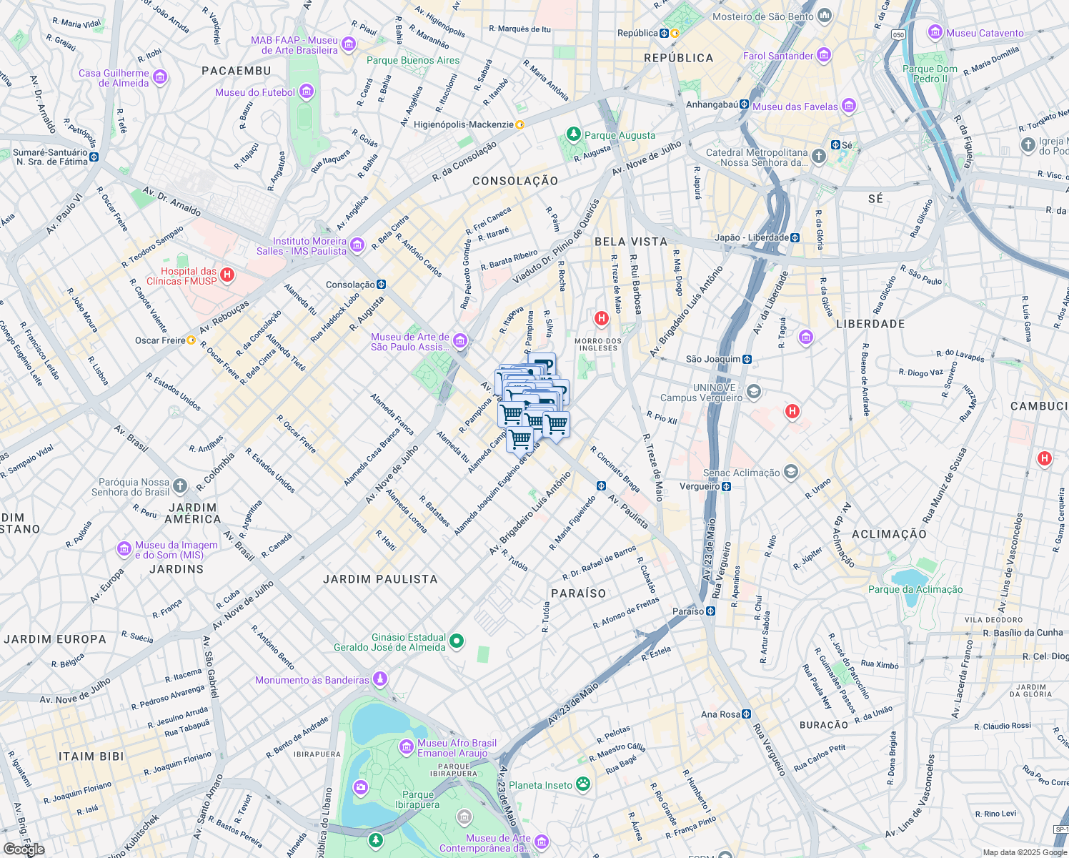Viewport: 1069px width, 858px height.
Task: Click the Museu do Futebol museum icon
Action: (x=307, y=92)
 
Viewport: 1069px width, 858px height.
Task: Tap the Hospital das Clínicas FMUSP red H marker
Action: (x=227, y=275)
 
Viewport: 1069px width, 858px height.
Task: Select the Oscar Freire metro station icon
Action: (x=192, y=340)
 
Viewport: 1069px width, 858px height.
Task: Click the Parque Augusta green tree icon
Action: (x=573, y=134)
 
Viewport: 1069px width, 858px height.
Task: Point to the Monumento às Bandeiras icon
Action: (x=381, y=679)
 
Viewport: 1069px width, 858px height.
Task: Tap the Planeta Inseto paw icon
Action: (x=584, y=784)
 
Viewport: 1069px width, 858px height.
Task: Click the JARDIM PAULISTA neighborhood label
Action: (x=380, y=579)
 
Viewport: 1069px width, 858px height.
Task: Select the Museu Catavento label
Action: (x=985, y=33)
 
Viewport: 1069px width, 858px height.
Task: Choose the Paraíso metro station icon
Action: (x=710, y=611)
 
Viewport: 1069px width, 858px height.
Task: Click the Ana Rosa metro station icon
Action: (x=747, y=714)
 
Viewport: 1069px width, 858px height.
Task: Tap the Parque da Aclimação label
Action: (x=915, y=590)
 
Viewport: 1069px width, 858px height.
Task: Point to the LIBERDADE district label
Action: (x=870, y=324)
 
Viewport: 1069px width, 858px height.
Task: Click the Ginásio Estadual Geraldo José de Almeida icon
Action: (x=458, y=641)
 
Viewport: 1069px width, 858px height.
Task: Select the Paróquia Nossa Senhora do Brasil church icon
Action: (x=180, y=486)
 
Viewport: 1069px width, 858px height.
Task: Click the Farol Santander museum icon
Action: (x=824, y=55)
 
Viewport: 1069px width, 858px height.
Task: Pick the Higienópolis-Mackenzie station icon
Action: (x=520, y=124)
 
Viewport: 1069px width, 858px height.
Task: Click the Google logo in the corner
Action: (x=24, y=849)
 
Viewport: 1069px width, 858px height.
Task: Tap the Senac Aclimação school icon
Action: (x=790, y=472)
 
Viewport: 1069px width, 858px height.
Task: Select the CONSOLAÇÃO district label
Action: (x=515, y=182)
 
